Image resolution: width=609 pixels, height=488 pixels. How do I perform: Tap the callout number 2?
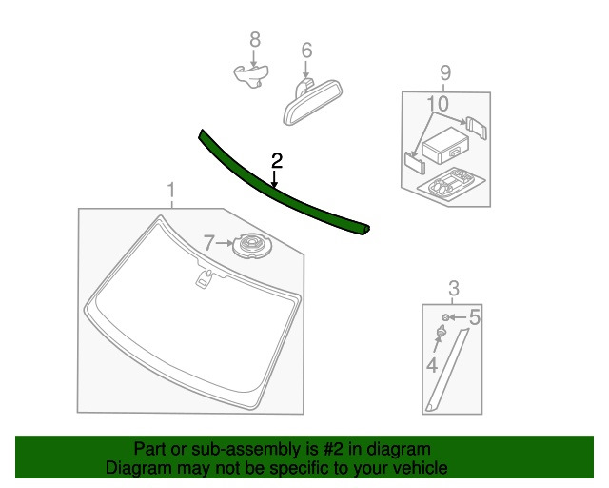point(276,159)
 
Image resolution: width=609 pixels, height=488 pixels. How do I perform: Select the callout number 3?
point(454,288)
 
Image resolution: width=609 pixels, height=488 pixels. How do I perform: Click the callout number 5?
point(474,316)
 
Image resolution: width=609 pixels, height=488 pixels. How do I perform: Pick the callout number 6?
point(306,50)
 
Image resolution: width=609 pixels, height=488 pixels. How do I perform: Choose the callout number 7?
point(211,243)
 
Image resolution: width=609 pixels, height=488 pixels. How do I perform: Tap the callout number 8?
point(254,39)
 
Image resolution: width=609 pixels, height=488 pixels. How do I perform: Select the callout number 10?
point(437,103)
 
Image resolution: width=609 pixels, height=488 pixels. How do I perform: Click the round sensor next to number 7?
point(252,246)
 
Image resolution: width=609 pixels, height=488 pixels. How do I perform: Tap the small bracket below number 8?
point(252,73)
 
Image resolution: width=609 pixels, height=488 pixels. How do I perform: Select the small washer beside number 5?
point(446,316)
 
